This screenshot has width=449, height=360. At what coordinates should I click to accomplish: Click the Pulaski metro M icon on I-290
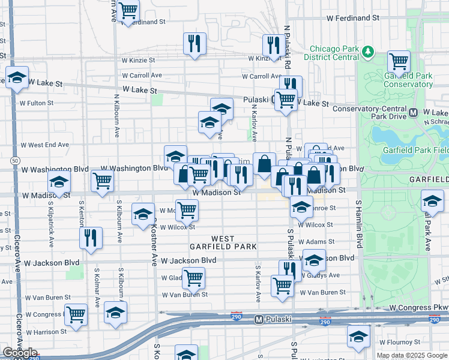click(259, 319)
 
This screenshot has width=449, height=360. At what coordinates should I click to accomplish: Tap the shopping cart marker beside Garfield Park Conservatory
click(399, 61)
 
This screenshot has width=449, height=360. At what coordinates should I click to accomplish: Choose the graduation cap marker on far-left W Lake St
click(17, 77)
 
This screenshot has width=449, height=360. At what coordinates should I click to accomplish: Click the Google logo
click(20, 353)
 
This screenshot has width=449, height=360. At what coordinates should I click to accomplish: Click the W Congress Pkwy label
click(418, 307)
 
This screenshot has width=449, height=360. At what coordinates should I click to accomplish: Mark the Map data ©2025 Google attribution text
click(412, 355)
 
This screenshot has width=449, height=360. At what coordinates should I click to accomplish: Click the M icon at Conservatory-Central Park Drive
click(413, 112)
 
